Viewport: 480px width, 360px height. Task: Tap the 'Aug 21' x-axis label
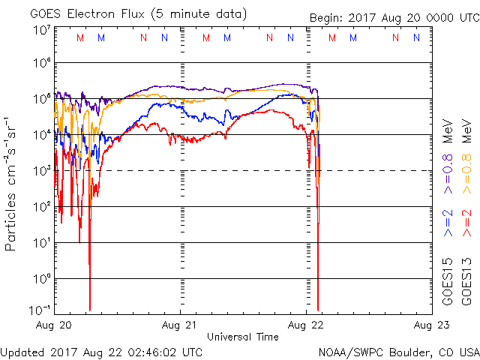coord(180,325)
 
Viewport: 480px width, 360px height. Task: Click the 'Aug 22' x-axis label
coord(307,325)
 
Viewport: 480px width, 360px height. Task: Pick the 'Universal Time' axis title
coord(243,337)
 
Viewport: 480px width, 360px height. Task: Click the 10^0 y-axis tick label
coord(41,279)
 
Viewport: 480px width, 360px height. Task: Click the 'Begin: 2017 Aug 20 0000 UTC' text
coord(394,18)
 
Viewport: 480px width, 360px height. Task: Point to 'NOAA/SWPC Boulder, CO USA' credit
coord(398,352)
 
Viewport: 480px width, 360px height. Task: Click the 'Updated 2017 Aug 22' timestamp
coord(101,352)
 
